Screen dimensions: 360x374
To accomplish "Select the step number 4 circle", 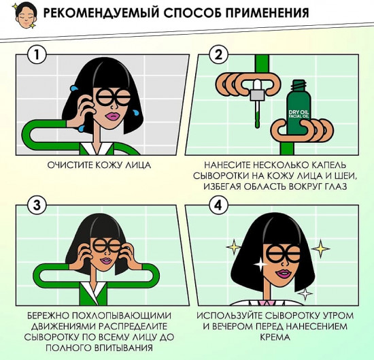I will click(219, 204).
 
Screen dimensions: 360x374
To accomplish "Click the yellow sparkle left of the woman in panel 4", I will click(235, 246).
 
